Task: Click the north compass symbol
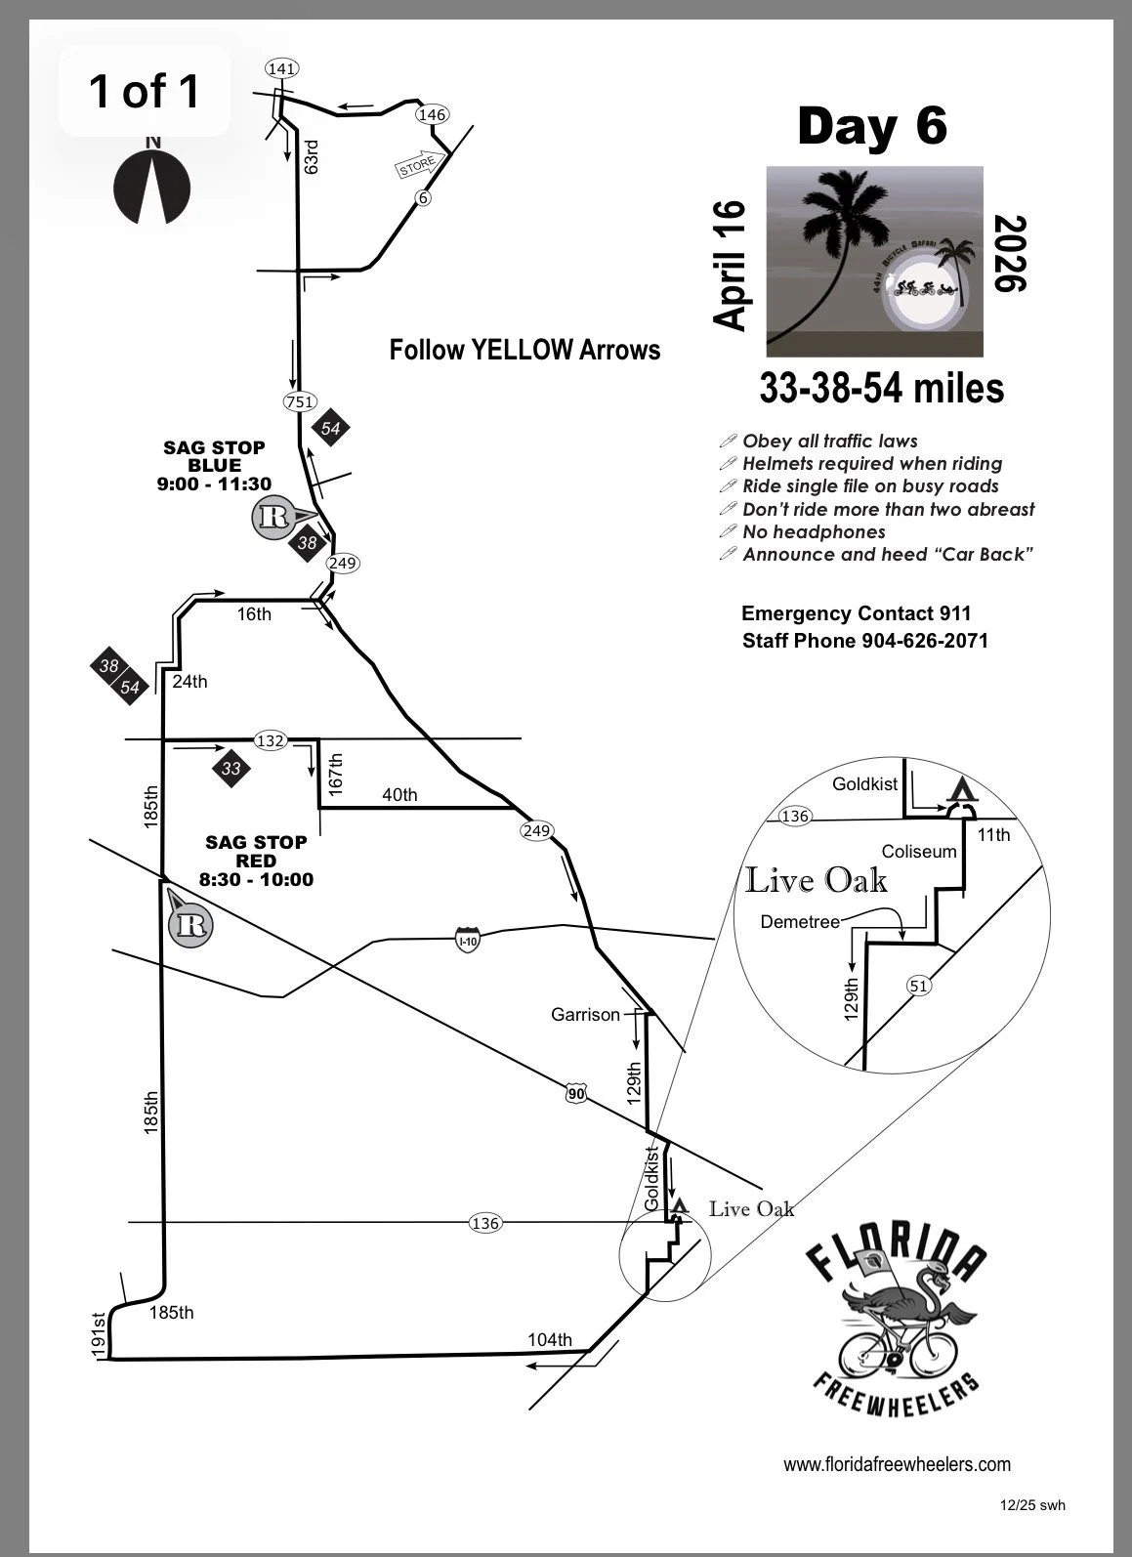point(151,184)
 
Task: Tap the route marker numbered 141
point(282,68)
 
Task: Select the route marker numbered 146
point(432,114)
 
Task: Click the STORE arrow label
point(417,165)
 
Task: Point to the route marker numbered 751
point(299,401)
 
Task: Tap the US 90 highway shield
point(575,1094)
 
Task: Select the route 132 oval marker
point(270,740)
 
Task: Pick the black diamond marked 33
point(231,769)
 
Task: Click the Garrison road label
point(585,1015)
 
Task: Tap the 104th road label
point(550,1339)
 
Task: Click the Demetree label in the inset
point(799,921)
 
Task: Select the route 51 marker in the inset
point(918,986)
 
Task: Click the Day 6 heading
point(872,126)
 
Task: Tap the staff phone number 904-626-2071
point(924,641)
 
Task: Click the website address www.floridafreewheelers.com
point(897,1464)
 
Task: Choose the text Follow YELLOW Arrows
point(524,350)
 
